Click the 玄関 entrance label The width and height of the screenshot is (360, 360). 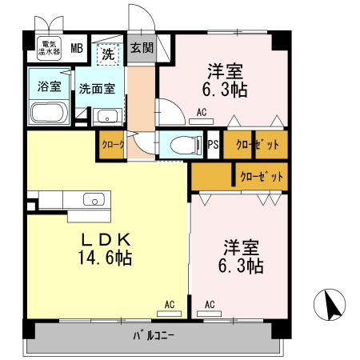pyautogui.click(x=142, y=47)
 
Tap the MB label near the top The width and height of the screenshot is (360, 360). pyautogui.click(x=77, y=47)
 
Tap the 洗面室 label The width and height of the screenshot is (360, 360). pyautogui.click(x=101, y=88)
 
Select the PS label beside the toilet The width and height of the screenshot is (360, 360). pyautogui.click(x=213, y=146)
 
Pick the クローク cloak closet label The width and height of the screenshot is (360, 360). pyautogui.click(x=112, y=146)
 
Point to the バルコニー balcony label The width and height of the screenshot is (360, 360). pyautogui.click(x=153, y=335)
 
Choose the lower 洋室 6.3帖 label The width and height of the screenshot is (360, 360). pyautogui.click(x=240, y=255)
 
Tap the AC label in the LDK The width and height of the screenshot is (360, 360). pyautogui.click(x=169, y=304)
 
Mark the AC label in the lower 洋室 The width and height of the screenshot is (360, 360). pyautogui.click(x=210, y=304)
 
